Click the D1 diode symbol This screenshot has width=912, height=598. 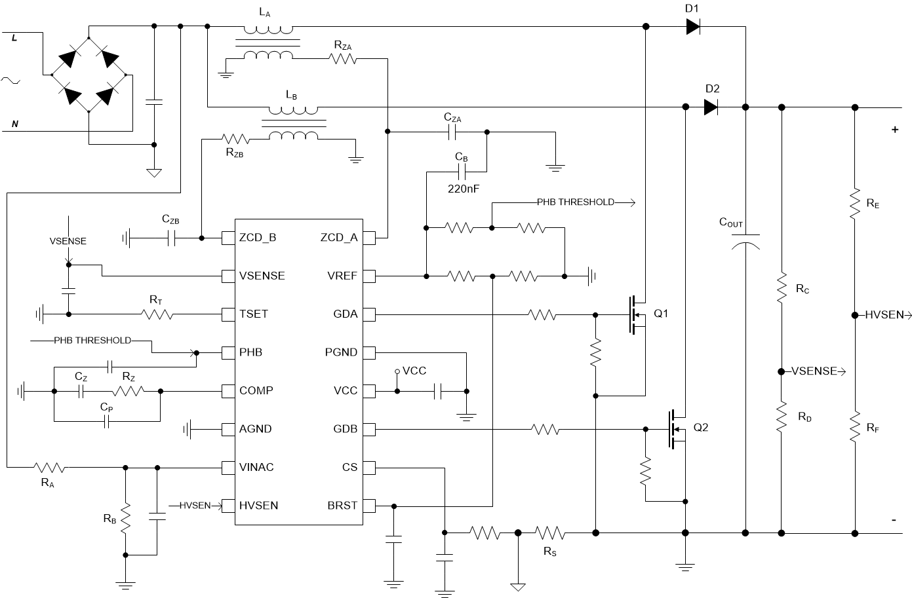[693, 26]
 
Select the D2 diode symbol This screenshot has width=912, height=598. [711, 107]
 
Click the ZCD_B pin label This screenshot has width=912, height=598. [258, 237]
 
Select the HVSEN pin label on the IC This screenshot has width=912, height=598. [258, 506]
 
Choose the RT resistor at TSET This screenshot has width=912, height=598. [157, 314]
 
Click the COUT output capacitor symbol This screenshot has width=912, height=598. [745, 242]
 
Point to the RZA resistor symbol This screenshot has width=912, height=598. [343, 58]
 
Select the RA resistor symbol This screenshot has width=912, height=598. [49, 467]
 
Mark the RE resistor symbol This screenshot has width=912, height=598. [854, 204]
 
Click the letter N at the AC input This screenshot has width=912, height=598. [15, 123]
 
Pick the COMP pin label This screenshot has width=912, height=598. [256, 390]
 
